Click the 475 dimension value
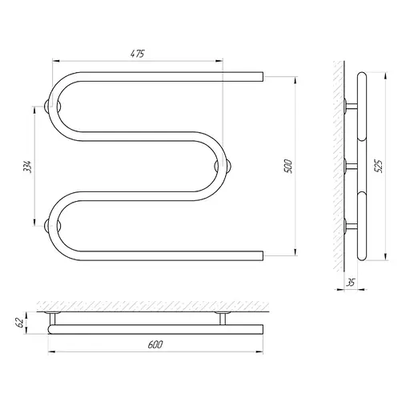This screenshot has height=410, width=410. point(138,54)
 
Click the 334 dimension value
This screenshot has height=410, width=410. point(28,167)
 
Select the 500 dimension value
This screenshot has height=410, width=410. point(288,166)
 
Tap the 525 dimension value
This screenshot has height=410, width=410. point(379,166)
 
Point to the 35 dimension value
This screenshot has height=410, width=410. point(352,282)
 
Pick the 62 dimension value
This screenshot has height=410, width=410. point(20,323)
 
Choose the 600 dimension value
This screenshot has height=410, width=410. point(155,344)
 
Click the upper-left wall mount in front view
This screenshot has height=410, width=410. point(53,107)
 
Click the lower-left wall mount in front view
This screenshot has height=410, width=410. point(53,226)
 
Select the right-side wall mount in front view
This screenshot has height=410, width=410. point(223,167)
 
